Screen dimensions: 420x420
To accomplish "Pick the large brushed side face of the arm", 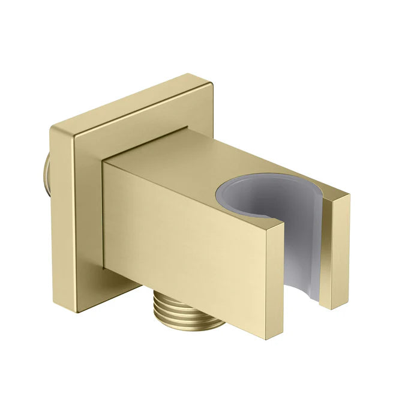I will pyautogui.click(x=180, y=234).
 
